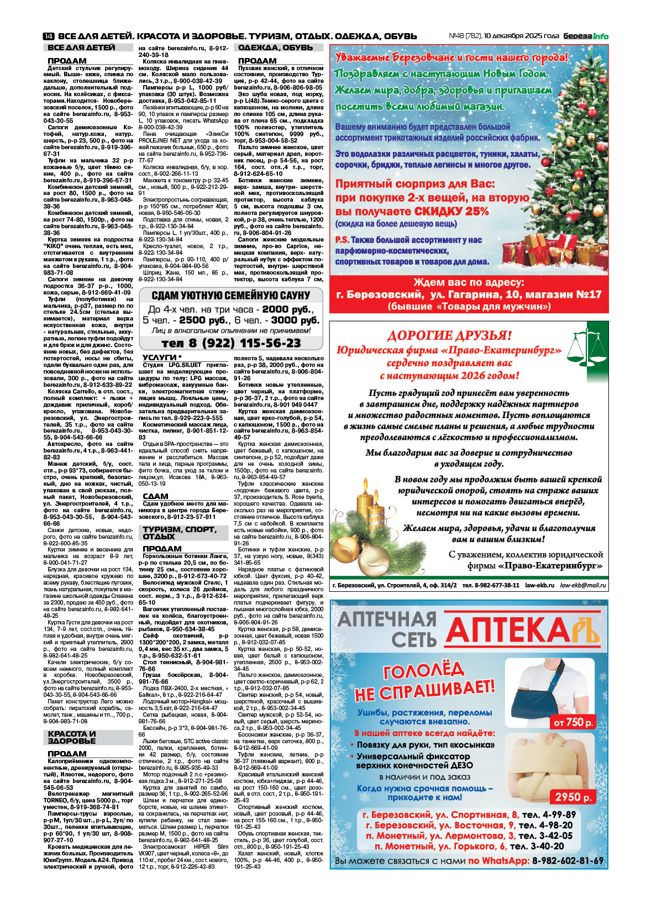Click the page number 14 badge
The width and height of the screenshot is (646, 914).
(48, 36)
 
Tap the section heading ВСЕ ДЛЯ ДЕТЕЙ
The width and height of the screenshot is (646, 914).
(81, 48)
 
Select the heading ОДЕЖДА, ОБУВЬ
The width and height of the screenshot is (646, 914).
(275, 48)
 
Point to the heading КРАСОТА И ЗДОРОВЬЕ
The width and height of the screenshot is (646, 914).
(72, 737)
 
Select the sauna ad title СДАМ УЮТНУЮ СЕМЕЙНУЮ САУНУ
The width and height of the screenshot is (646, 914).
(231, 296)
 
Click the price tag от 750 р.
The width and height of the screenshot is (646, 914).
(573, 722)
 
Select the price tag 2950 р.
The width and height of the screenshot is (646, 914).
(573, 797)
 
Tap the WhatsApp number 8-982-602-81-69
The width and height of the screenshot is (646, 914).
(568, 861)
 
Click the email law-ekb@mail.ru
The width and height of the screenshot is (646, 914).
(582, 585)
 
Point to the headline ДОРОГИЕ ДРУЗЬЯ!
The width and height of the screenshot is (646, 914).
(449, 335)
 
